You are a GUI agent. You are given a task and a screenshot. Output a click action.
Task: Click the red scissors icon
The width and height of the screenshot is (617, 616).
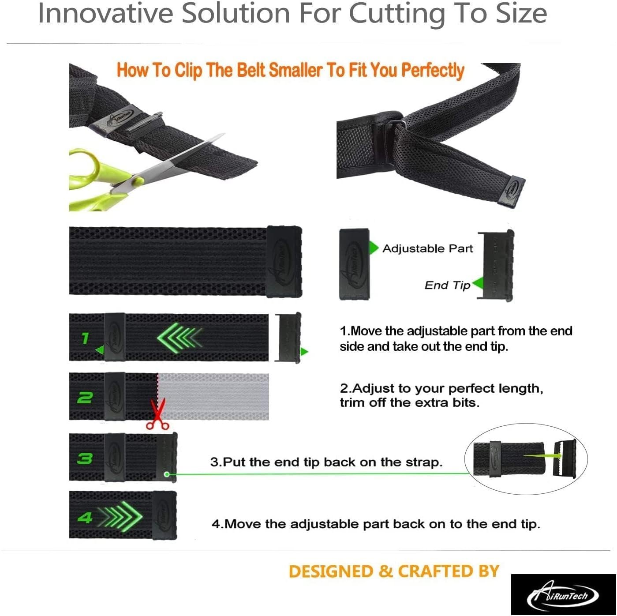157,414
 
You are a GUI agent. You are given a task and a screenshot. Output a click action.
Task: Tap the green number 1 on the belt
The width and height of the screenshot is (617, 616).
85,338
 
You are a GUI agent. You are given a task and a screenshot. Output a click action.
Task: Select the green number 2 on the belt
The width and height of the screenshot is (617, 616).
85,398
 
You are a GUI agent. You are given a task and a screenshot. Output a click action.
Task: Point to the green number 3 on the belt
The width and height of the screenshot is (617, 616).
85,458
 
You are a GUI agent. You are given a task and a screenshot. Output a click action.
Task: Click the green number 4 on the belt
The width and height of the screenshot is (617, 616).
85,518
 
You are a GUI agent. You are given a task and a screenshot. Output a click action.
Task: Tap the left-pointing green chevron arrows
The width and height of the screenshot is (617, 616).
179,337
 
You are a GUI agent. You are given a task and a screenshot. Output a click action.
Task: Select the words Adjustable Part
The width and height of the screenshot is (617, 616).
427,248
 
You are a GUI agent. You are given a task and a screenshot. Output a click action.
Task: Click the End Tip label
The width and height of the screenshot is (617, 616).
447,285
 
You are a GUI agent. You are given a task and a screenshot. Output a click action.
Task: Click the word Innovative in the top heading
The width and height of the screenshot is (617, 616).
106,13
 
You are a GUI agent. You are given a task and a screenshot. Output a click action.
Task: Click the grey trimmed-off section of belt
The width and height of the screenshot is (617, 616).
213,396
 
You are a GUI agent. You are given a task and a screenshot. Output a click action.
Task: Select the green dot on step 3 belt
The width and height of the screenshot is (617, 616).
167,474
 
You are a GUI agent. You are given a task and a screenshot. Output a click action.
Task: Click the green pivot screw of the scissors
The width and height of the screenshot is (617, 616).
138,181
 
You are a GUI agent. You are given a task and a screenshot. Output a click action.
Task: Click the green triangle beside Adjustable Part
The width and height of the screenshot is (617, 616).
374,248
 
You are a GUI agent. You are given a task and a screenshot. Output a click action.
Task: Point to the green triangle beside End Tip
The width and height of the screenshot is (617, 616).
477,283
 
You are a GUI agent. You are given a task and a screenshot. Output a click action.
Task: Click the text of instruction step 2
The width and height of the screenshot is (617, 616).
441,395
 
